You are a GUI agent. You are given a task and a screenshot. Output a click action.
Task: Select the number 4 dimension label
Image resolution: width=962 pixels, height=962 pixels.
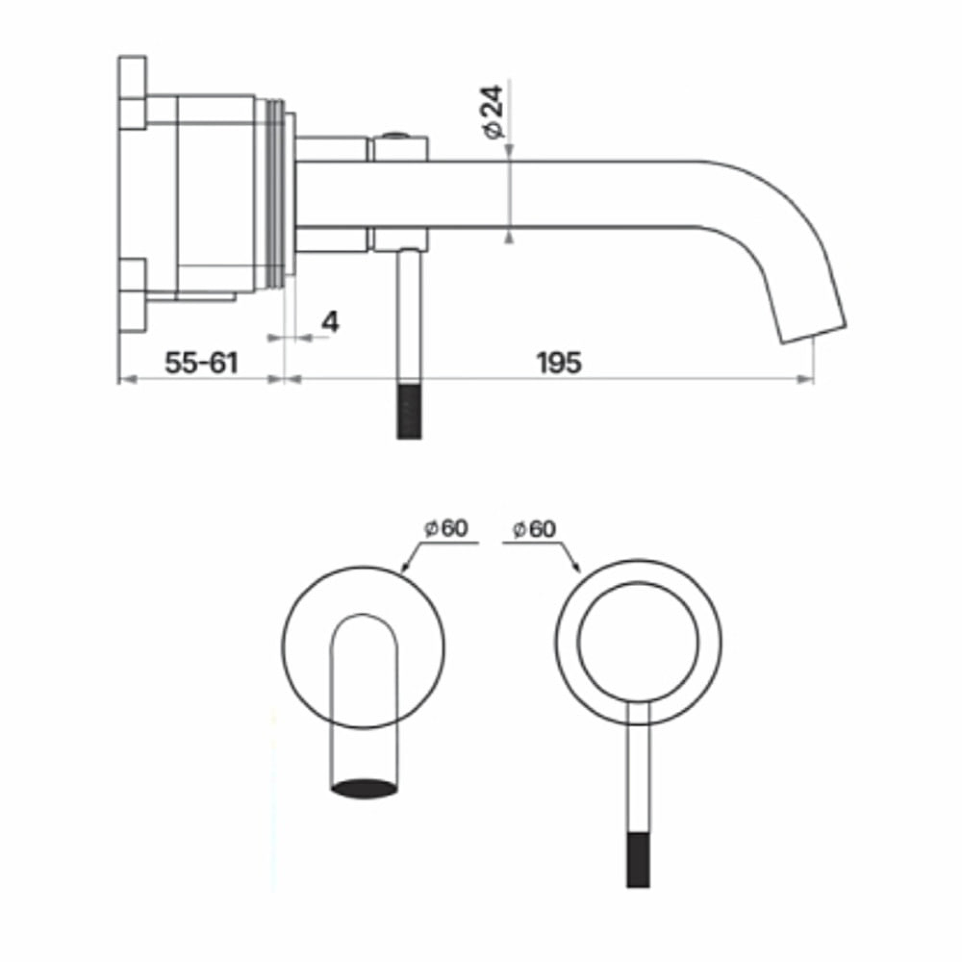point(330,322)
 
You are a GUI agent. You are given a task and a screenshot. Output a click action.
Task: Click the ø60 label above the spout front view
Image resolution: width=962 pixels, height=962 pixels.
point(447,528)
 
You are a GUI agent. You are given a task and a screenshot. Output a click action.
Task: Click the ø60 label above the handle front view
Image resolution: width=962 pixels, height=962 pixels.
point(534,529)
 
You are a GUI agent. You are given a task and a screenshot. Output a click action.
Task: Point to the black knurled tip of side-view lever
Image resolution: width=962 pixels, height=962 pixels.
point(409,411)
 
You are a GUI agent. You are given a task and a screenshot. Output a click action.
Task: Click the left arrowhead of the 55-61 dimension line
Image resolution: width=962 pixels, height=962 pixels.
point(127,380)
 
